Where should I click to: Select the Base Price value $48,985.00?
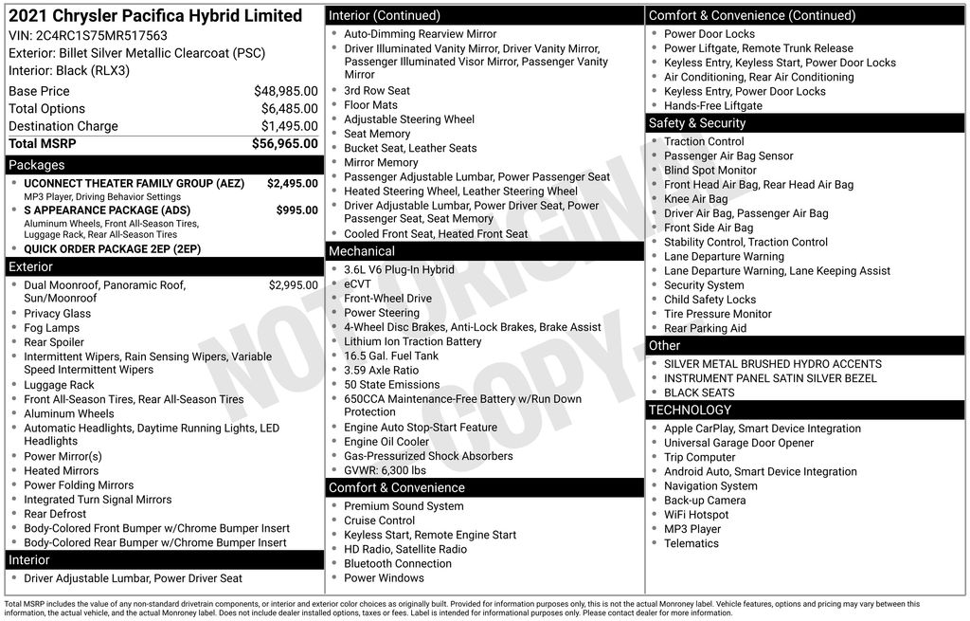coord(285,91)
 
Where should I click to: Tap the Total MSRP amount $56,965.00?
coord(284,143)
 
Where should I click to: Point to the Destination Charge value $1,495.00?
coord(289,126)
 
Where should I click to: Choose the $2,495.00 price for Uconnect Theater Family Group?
coord(292,183)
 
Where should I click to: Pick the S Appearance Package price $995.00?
coord(296,210)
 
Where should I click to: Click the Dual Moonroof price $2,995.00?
coord(293,284)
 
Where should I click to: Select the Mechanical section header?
coord(361,251)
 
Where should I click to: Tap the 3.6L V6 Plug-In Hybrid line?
coord(399,269)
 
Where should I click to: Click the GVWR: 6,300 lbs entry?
coord(385,470)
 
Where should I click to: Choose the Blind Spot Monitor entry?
coord(710,171)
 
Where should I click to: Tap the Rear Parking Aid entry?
coord(705,328)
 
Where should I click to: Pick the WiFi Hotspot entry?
coord(695,515)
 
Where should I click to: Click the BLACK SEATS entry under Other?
coord(698,393)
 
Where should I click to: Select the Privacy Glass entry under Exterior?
coord(57,314)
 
